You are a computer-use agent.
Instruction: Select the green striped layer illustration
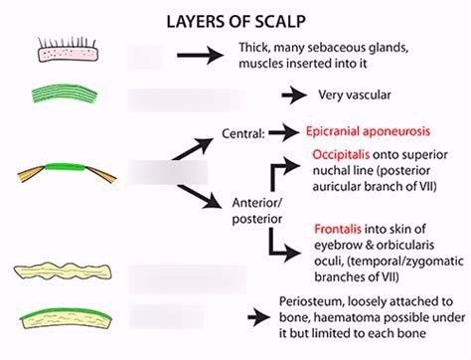68,96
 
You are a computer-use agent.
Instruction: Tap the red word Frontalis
340,228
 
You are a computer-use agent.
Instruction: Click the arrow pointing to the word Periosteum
261,317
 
